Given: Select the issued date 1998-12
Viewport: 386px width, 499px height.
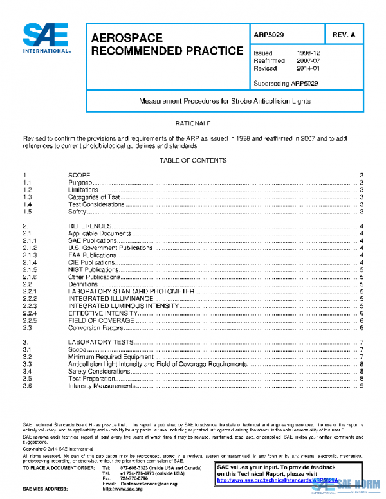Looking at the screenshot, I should [307, 53].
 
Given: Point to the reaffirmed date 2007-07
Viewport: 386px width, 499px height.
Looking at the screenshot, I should [307, 60].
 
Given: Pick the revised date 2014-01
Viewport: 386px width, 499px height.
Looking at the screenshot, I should [307, 68].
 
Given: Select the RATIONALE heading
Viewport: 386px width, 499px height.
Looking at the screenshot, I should [193, 122].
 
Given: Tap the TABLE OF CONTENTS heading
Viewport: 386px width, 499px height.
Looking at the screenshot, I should [193, 160].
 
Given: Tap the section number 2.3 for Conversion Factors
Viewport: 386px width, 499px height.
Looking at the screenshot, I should [28, 327].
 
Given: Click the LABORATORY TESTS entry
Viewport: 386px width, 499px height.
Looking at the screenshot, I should [100, 342].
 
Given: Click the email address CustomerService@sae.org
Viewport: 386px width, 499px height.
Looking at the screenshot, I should [149, 483].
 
